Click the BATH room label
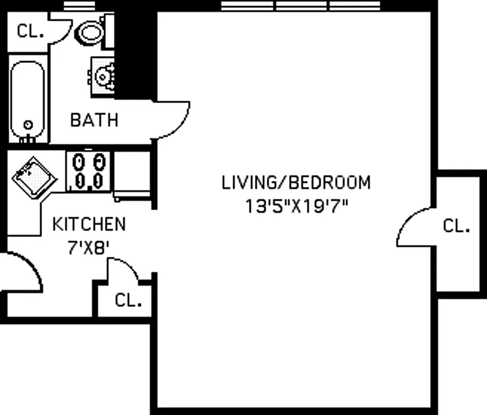tap(94, 120)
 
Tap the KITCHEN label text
tap(89, 225)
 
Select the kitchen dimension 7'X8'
tap(89, 247)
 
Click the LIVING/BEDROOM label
tap(296, 183)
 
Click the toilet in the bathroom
tap(91, 34)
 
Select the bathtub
tap(28, 102)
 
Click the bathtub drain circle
tap(28, 125)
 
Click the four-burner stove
tap(89, 171)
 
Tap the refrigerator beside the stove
tap(132, 174)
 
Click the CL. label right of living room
tap(457, 227)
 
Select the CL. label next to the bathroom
tap(31, 31)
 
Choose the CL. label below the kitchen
tap(128, 300)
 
